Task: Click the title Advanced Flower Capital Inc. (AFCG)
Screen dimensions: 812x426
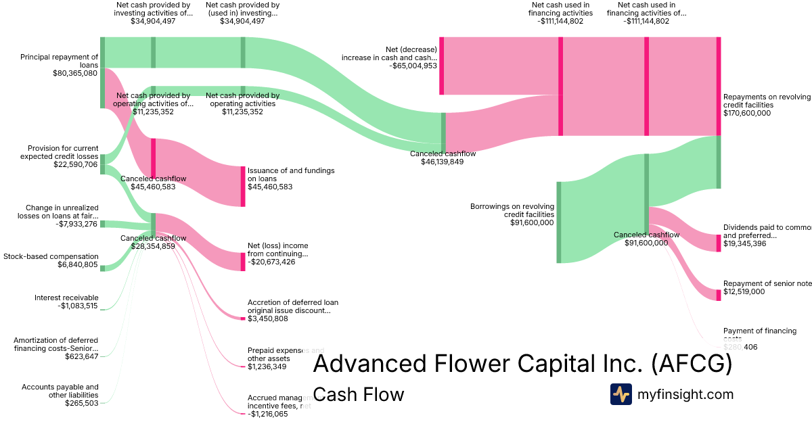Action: tap(522, 364)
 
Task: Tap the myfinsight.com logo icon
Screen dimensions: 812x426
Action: tap(621, 394)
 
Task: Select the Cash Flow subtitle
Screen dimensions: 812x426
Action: tap(359, 394)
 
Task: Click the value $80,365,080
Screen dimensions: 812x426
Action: tap(75, 73)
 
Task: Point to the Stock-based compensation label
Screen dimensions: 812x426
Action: tap(51, 256)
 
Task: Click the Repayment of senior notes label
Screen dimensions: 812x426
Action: tap(766, 283)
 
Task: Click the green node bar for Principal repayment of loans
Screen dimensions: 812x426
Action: tap(102, 72)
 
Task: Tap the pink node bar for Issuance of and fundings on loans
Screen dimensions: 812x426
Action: tap(243, 186)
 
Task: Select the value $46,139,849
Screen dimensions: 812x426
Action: tap(443, 162)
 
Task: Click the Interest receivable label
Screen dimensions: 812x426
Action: tap(66, 298)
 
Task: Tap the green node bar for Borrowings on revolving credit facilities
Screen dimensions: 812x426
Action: tap(559, 222)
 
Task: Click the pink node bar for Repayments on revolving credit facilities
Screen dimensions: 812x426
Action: tap(719, 87)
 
